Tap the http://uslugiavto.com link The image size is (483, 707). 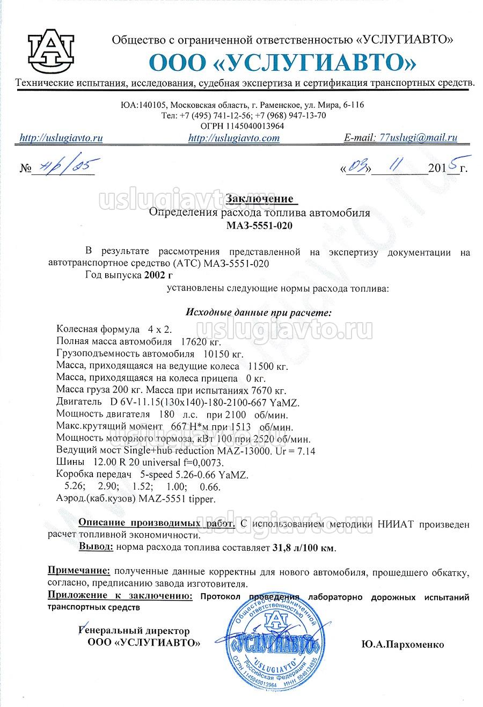pos(234,138)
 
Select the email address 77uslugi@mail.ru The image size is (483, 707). pos(418,137)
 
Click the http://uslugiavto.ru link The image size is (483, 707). pos(61,138)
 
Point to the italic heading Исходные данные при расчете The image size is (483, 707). pos(259,312)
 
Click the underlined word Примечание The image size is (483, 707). pos(79,570)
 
